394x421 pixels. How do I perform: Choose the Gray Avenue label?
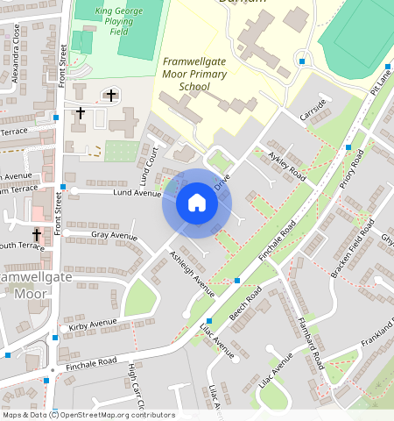click(x=115, y=236)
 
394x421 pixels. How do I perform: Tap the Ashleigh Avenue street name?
click(x=192, y=273)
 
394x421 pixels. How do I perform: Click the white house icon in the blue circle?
click(x=197, y=203)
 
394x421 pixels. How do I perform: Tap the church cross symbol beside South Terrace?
click(x=37, y=235)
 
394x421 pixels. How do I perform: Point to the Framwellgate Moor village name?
click(x=37, y=284)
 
